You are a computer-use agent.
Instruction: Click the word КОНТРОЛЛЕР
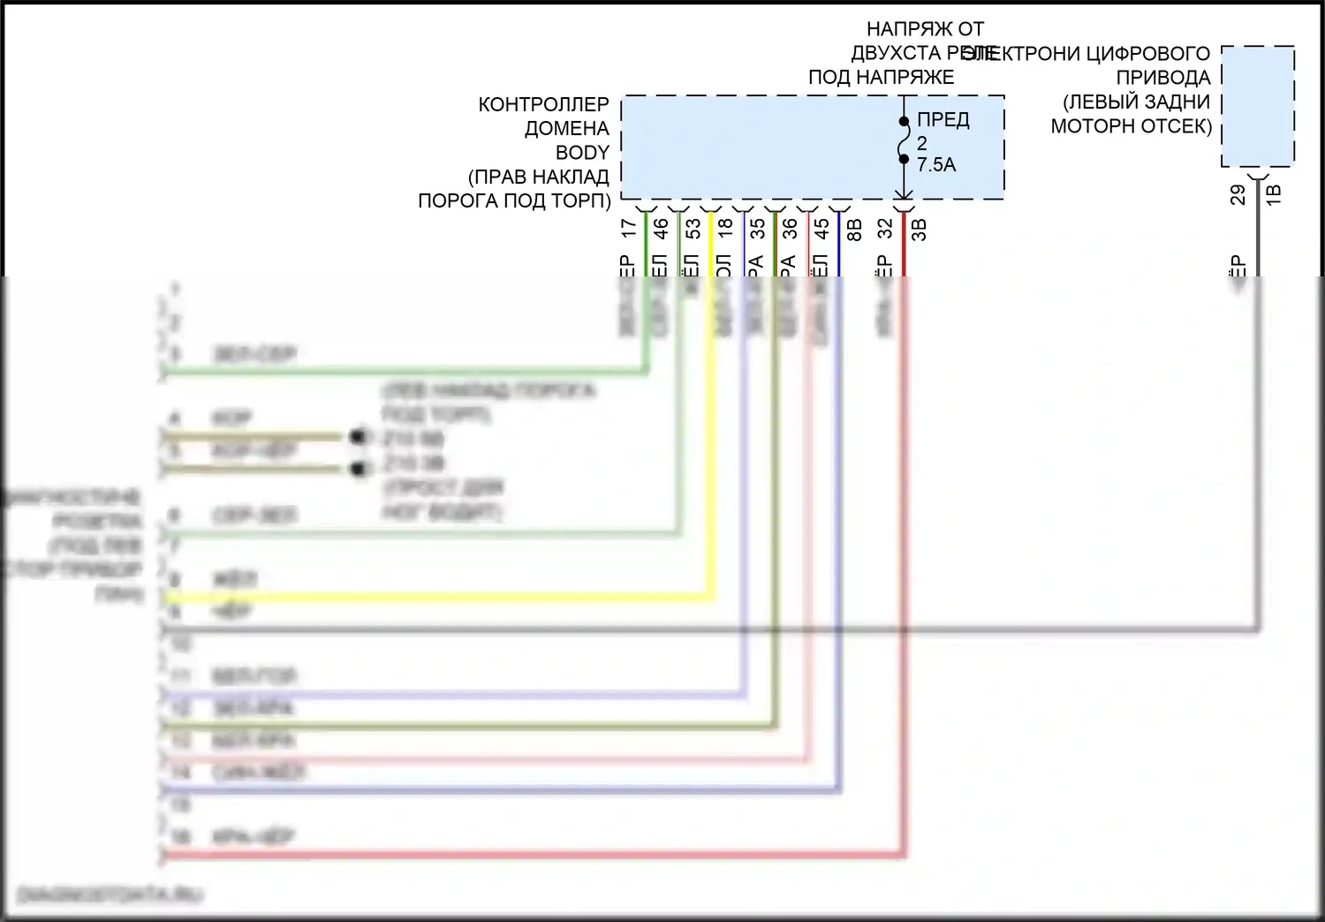click(543, 105)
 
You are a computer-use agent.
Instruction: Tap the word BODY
click(582, 153)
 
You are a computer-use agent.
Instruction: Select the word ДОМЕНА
click(566, 129)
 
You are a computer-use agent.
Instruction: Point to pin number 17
click(629, 228)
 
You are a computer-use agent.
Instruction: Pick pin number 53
click(693, 229)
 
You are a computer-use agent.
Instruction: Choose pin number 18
click(725, 228)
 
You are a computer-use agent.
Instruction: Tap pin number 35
click(758, 229)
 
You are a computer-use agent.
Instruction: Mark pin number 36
click(790, 229)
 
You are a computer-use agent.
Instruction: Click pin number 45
click(821, 229)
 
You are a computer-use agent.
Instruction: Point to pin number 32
click(886, 229)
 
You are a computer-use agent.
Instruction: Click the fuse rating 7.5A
click(936, 165)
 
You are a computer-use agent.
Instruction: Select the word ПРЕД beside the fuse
click(943, 120)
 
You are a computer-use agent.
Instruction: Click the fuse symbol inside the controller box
click(904, 141)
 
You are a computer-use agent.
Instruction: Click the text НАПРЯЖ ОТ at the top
click(925, 30)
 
